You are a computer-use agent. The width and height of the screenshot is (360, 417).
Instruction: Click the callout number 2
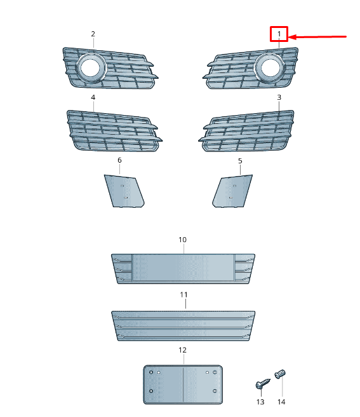(x=93, y=34)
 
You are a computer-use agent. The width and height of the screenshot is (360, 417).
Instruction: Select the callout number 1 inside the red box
(x=279, y=34)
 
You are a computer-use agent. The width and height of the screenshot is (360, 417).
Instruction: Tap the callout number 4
(x=93, y=97)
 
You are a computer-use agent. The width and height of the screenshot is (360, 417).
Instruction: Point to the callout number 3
(x=279, y=97)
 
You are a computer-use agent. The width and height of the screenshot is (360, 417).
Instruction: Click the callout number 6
(x=119, y=160)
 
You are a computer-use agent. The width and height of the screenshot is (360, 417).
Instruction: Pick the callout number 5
(x=240, y=161)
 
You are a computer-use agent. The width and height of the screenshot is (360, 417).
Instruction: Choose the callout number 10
(x=182, y=240)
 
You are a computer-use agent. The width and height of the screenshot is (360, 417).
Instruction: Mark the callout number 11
(x=183, y=295)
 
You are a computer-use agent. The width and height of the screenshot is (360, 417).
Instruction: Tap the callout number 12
(x=182, y=350)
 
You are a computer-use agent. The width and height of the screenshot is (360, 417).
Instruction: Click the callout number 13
(x=260, y=402)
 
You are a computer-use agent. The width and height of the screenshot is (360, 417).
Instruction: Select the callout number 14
(x=281, y=402)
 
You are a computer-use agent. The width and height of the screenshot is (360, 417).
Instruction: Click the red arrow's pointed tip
(x=289, y=37)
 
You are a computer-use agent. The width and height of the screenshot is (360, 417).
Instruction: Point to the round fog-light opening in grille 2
(x=90, y=68)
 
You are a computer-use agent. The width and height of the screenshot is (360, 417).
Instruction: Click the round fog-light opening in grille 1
(x=270, y=68)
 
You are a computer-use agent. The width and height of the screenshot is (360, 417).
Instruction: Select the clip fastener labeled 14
(x=280, y=374)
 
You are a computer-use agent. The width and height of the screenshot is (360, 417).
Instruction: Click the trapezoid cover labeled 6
(x=124, y=191)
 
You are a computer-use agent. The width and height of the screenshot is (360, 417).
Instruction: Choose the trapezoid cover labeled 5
(x=232, y=191)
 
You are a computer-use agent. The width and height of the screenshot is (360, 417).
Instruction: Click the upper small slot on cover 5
(x=234, y=186)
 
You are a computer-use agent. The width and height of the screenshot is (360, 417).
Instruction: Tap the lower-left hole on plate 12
(x=151, y=391)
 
